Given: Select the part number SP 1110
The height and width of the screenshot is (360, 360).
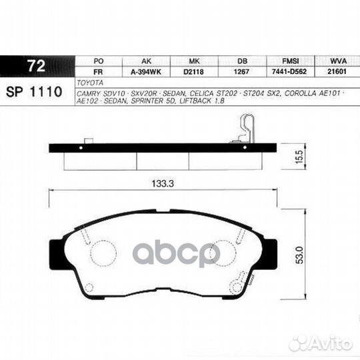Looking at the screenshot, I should pyautogui.click(x=34, y=91).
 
